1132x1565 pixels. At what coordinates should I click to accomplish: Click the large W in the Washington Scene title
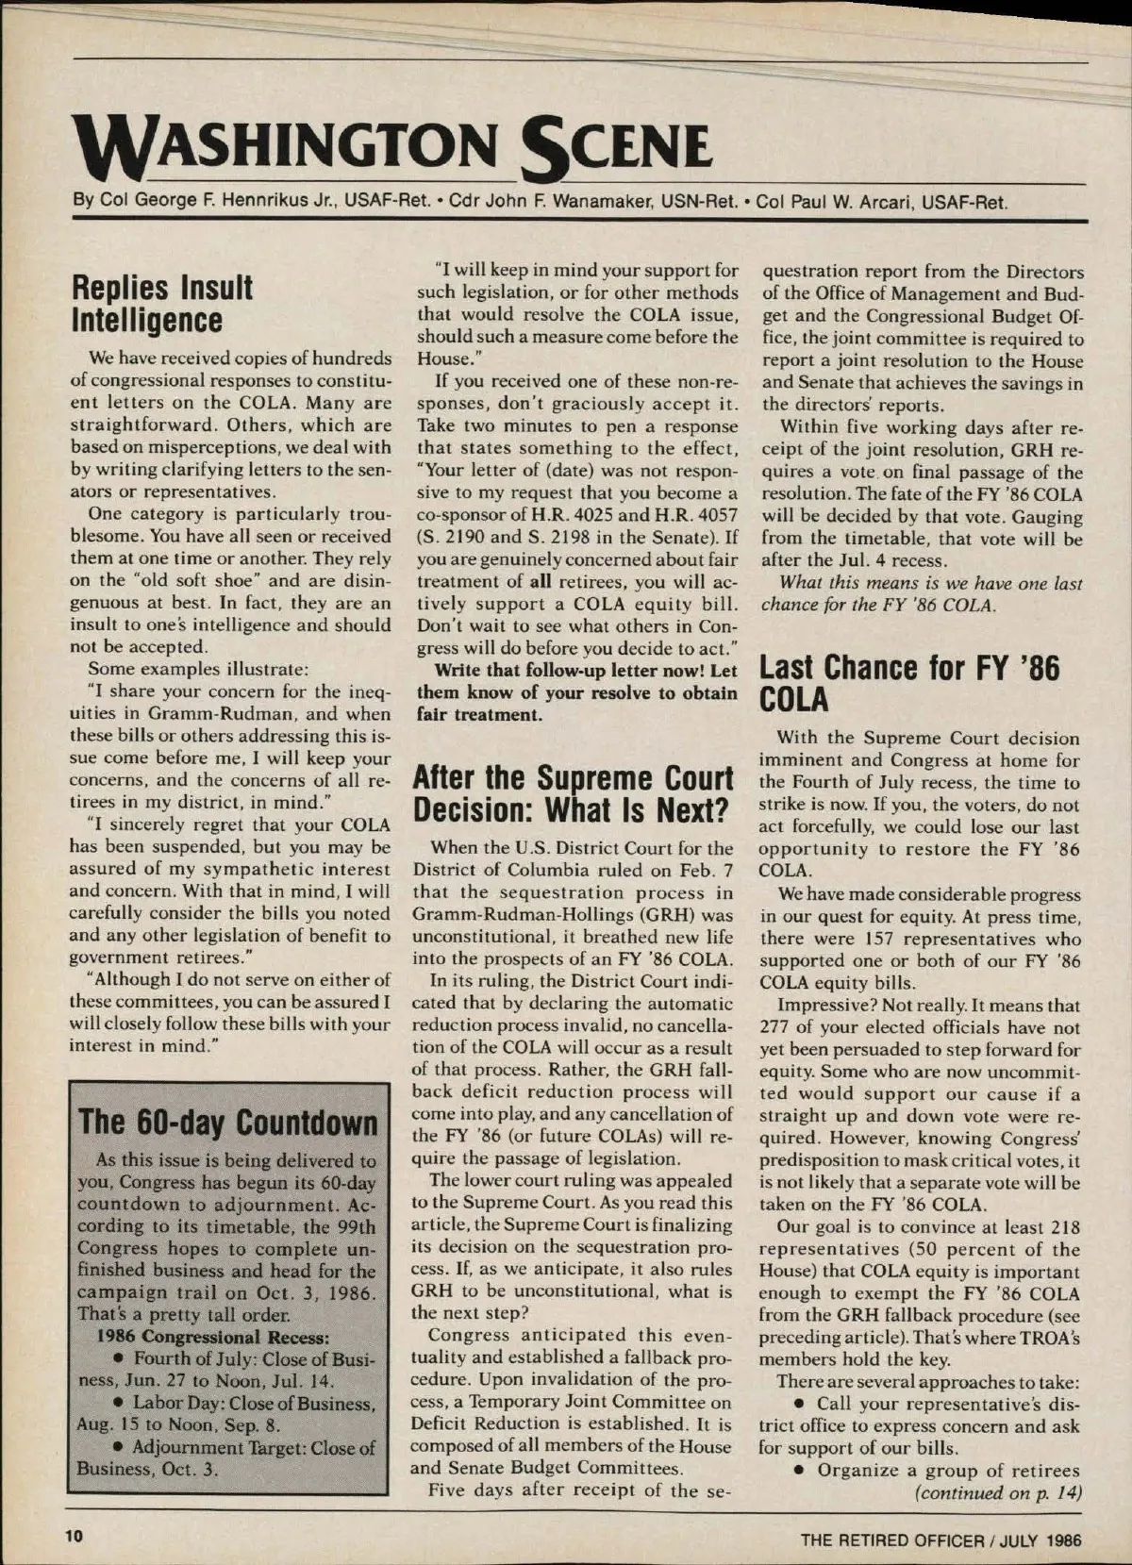point(106,149)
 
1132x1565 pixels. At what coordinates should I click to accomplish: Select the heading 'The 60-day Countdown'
point(228,1123)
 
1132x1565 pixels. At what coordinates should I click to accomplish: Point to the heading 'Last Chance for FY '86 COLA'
point(909,684)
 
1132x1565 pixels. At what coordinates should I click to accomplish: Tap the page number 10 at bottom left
point(74,1535)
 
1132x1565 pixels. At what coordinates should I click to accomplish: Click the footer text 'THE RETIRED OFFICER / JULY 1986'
point(941,1540)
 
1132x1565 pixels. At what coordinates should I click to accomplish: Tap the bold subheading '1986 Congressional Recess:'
point(213,1337)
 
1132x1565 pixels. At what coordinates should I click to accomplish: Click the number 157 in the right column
point(874,939)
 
